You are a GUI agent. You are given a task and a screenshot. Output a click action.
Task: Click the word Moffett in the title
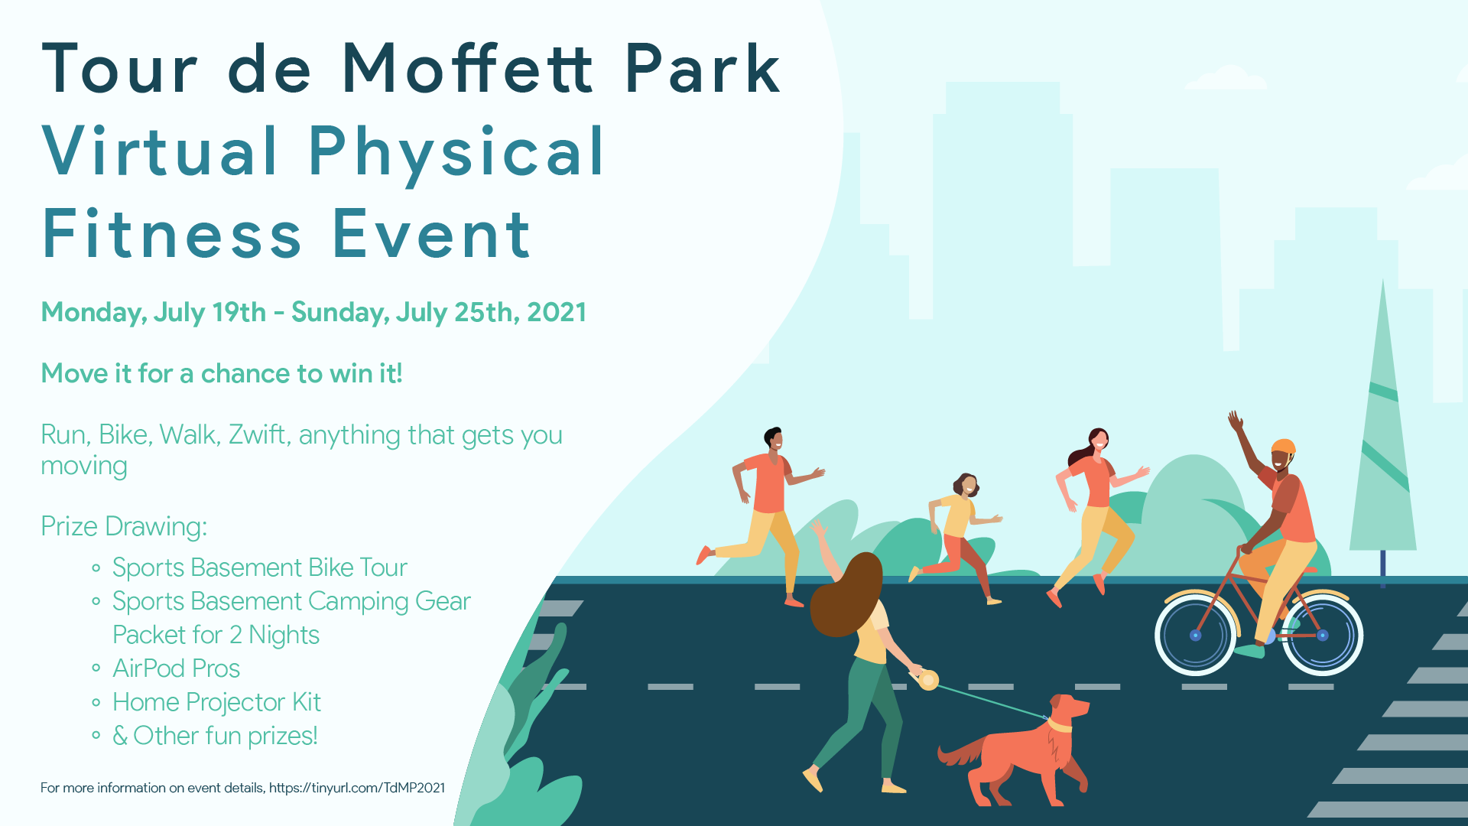coord(467,68)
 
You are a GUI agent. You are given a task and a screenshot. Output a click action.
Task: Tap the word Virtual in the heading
coord(160,151)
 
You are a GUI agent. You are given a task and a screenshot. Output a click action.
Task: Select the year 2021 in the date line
coord(557,312)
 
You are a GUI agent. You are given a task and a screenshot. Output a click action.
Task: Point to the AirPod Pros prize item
coord(176,668)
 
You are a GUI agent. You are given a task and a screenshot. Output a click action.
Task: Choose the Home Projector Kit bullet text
coord(216,702)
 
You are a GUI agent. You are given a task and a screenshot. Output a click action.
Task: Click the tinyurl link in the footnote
coord(357,788)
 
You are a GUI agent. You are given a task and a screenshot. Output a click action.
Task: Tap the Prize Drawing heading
coord(124,526)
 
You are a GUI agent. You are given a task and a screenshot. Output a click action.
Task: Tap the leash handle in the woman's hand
coord(928,679)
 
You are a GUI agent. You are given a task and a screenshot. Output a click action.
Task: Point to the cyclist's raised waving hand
coord(1235,421)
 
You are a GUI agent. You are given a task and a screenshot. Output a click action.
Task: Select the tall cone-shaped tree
coord(1382,428)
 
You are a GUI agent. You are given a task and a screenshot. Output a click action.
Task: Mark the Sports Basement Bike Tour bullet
coord(259,567)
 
